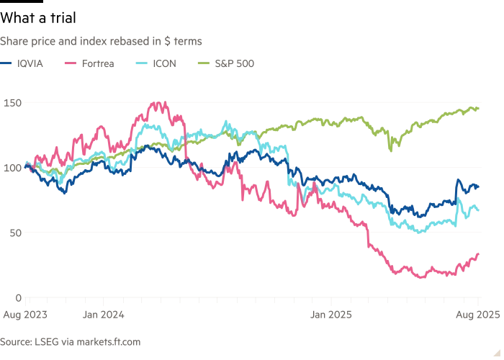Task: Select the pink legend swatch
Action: [x=70, y=64]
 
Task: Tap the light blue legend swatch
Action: [x=140, y=64]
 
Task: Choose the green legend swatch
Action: [x=204, y=64]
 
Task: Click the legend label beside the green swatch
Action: [x=237, y=64]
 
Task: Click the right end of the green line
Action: [x=480, y=108]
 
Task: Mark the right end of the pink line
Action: [x=480, y=252]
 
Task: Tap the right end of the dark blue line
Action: [x=480, y=187]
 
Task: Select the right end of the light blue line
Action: [x=480, y=210]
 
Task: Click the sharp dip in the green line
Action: [x=391, y=149]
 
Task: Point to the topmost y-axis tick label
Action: [x=12, y=105]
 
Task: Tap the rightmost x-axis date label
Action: [x=480, y=314]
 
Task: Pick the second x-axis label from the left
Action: [x=105, y=314]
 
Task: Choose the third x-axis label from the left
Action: [x=328, y=314]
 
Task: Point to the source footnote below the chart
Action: [x=72, y=339]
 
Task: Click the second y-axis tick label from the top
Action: [x=12, y=168]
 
